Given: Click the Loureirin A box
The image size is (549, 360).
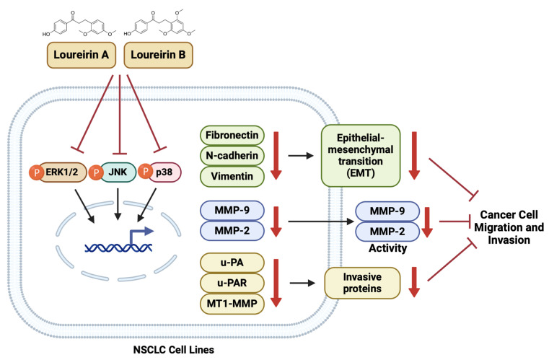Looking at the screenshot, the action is pyautogui.click(x=82, y=55).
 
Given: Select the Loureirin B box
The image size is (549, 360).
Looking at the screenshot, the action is pyautogui.click(x=158, y=55).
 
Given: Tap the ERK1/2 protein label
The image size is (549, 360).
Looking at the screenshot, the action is pyautogui.click(x=62, y=172).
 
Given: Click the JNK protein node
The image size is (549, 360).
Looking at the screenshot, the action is pyautogui.click(x=118, y=172).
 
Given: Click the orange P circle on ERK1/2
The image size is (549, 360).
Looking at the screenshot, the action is pyautogui.click(x=36, y=172).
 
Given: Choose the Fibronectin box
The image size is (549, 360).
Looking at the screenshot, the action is pyautogui.click(x=232, y=135).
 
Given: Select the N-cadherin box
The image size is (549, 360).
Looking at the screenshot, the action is pyautogui.click(x=232, y=156).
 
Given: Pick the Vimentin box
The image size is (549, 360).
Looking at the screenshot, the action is pyautogui.click(x=232, y=176).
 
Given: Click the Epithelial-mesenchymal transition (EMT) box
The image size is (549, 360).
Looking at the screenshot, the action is pyautogui.click(x=361, y=156).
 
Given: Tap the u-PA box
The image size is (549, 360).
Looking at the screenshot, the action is pyautogui.click(x=232, y=263).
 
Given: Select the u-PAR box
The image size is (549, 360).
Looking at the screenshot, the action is pyautogui.click(x=232, y=283).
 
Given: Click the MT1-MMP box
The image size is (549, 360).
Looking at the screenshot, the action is pyautogui.click(x=232, y=304).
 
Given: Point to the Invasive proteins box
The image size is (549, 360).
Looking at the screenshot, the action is pyautogui.click(x=362, y=283).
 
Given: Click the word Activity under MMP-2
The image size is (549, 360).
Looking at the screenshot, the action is pyautogui.click(x=387, y=248).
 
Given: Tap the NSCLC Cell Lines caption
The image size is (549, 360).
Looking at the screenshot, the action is pyautogui.click(x=174, y=349).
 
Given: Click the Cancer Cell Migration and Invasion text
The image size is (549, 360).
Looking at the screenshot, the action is pyautogui.click(x=509, y=227).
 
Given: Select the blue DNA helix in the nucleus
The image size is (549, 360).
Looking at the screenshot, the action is pyautogui.click(x=118, y=247).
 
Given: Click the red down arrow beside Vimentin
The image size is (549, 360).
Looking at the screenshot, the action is pyautogui.click(x=276, y=156).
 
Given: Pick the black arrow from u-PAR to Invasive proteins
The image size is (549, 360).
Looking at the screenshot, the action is pyautogui.click(x=302, y=283).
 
